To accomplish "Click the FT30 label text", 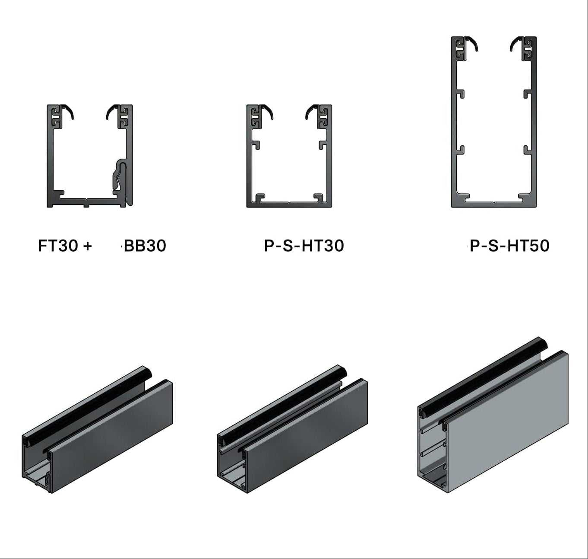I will pos(58,246).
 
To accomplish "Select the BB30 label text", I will pos(145,246).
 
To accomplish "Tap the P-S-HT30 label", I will pos(304,246).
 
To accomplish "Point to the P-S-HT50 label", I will pos(509,246).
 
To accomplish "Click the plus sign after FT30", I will pos(88,246).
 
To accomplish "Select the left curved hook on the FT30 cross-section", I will pos(69,111).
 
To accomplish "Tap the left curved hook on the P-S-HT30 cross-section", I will pos(268,111).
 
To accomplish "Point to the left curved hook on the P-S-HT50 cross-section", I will pos(473,43).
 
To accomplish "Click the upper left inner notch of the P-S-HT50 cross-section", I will pos(461,94).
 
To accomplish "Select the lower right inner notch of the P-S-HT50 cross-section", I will pos(527,150).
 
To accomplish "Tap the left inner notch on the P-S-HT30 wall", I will pos(256,145).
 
